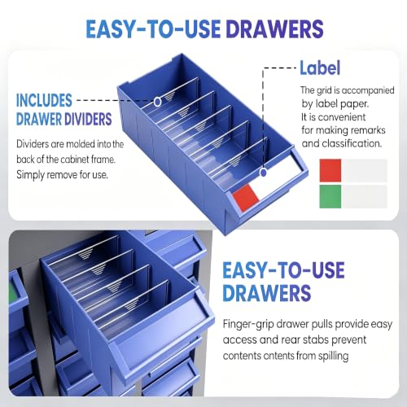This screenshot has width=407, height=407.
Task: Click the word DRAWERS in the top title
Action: point(274,28)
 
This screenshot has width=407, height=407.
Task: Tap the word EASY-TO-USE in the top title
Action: point(153,28)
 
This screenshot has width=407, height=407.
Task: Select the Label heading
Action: point(320,68)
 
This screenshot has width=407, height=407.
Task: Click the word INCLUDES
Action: point(44,100)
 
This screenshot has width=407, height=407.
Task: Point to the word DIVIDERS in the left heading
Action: point(88,119)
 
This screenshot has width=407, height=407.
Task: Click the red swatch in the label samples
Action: point(330,170)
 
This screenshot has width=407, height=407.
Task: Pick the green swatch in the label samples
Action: point(330,196)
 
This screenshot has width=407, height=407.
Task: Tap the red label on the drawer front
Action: point(246,197)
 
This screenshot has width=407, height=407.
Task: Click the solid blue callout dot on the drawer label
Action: point(263,173)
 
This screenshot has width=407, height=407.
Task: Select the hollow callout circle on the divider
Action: point(157,102)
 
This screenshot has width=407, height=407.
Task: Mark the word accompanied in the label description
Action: point(368,90)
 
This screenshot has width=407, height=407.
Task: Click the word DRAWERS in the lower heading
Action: point(267,293)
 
